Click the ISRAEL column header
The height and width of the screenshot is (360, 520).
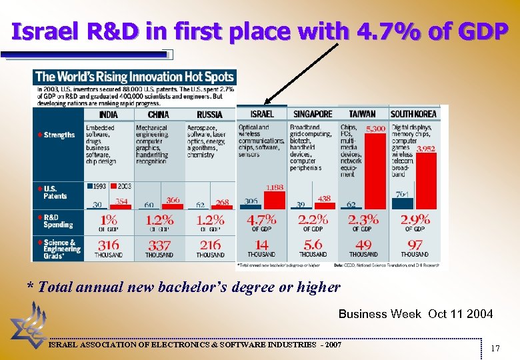[x=261, y=114]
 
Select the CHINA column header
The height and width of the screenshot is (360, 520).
[x=158, y=114]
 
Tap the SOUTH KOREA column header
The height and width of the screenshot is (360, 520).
[x=413, y=114]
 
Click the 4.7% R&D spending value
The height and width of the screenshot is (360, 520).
[x=261, y=220]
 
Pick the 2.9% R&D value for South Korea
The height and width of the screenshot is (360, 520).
[x=415, y=220]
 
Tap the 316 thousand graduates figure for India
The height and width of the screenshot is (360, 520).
[x=108, y=246]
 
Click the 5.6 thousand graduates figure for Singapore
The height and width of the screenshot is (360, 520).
[x=313, y=245]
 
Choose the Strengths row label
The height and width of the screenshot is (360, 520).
[x=59, y=135]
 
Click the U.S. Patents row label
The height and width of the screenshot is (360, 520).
[x=55, y=192]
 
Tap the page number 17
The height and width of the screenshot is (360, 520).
[x=495, y=348]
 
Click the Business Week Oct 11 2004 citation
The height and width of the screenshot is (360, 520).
[x=415, y=313]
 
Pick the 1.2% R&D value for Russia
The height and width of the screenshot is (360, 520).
[x=210, y=220]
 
